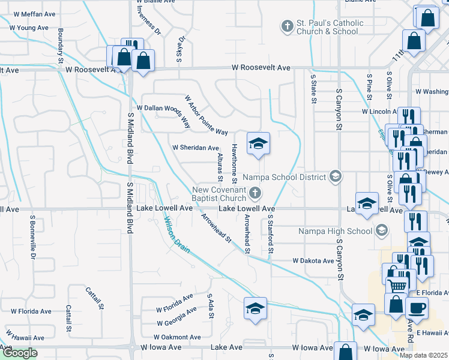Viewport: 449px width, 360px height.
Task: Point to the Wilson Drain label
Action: pos(176,234)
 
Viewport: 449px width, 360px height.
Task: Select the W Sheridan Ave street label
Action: pos(195,148)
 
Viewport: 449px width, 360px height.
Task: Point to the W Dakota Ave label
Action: pos(313,261)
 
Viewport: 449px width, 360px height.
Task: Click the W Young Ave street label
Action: pos(29,28)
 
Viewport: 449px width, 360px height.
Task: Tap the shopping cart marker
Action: pos(397,286)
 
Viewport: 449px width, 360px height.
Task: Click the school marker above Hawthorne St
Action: pos(258,143)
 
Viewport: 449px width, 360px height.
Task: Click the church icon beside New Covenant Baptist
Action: pos(256,193)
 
